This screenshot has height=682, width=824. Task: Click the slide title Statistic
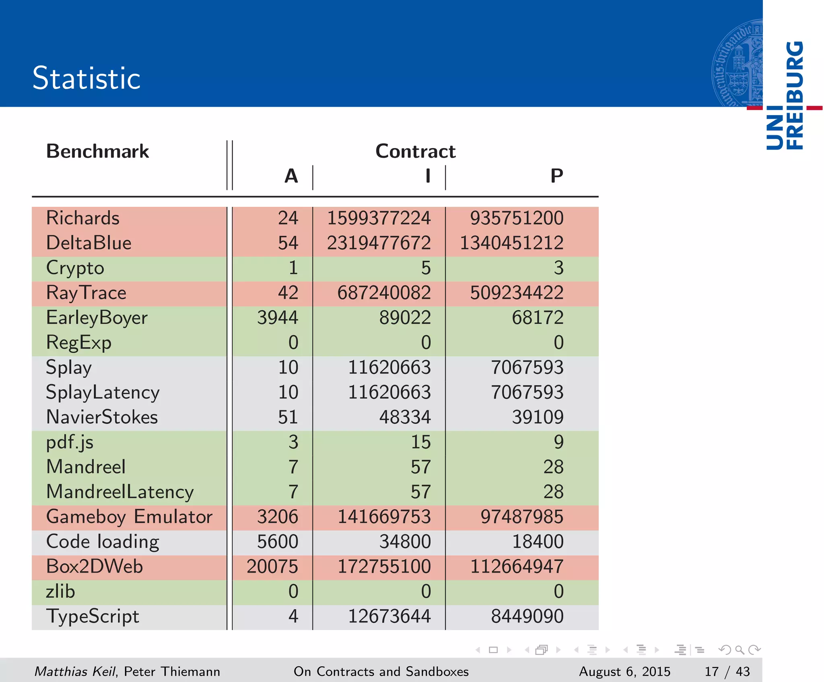(x=87, y=78)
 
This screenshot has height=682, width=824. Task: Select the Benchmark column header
(x=97, y=151)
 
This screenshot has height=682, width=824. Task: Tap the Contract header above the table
(x=415, y=151)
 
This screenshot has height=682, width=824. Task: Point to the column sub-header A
(x=291, y=176)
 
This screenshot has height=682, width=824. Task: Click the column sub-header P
(x=556, y=176)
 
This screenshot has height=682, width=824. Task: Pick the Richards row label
(x=83, y=218)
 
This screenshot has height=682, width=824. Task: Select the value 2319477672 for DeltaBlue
(x=379, y=243)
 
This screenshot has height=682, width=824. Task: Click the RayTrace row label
(x=86, y=293)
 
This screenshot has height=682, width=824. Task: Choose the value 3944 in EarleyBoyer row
(x=278, y=318)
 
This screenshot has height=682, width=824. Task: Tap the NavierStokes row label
(x=102, y=417)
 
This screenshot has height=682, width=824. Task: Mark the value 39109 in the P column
(x=538, y=417)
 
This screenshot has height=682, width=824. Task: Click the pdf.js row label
(x=70, y=442)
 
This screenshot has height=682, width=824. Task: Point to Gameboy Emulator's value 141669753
(x=384, y=517)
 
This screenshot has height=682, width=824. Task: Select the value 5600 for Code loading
(x=278, y=542)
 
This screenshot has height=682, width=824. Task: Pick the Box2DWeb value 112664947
(x=517, y=567)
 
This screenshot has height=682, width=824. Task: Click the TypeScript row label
(x=93, y=616)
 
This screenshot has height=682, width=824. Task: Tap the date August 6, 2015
(x=624, y=672)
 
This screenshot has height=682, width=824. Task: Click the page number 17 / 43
(x=727, y=672)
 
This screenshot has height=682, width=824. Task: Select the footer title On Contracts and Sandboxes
(x=381, y=672)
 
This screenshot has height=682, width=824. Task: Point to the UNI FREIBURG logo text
(x=785, y=95)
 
